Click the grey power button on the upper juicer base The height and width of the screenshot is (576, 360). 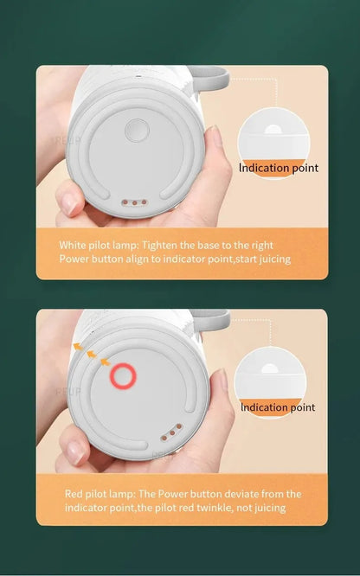136,131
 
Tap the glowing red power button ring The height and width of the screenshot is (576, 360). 122,375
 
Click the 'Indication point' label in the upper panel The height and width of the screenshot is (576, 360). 279,168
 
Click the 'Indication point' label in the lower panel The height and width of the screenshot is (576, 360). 277,407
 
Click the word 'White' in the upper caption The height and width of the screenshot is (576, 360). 73,245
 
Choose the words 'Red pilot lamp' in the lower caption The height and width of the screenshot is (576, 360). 94,494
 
